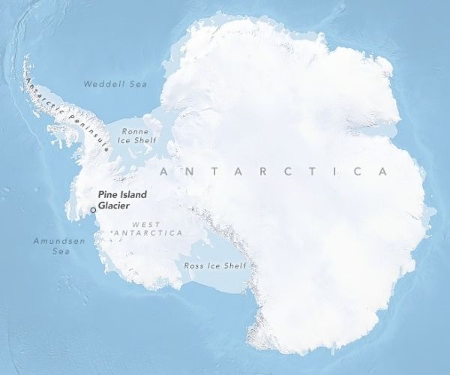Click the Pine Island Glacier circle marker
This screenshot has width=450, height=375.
93,211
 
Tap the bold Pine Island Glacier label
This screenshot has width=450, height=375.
122,200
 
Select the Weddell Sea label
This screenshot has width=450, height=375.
115,84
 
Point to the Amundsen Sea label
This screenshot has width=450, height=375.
52,246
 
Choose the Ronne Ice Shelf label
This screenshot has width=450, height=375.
136,133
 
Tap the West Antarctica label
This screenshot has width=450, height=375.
146,229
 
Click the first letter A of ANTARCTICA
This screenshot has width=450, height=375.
163,172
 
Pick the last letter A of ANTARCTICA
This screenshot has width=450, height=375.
383,172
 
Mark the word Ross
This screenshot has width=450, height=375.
193,265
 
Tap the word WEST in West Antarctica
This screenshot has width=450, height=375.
145,223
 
